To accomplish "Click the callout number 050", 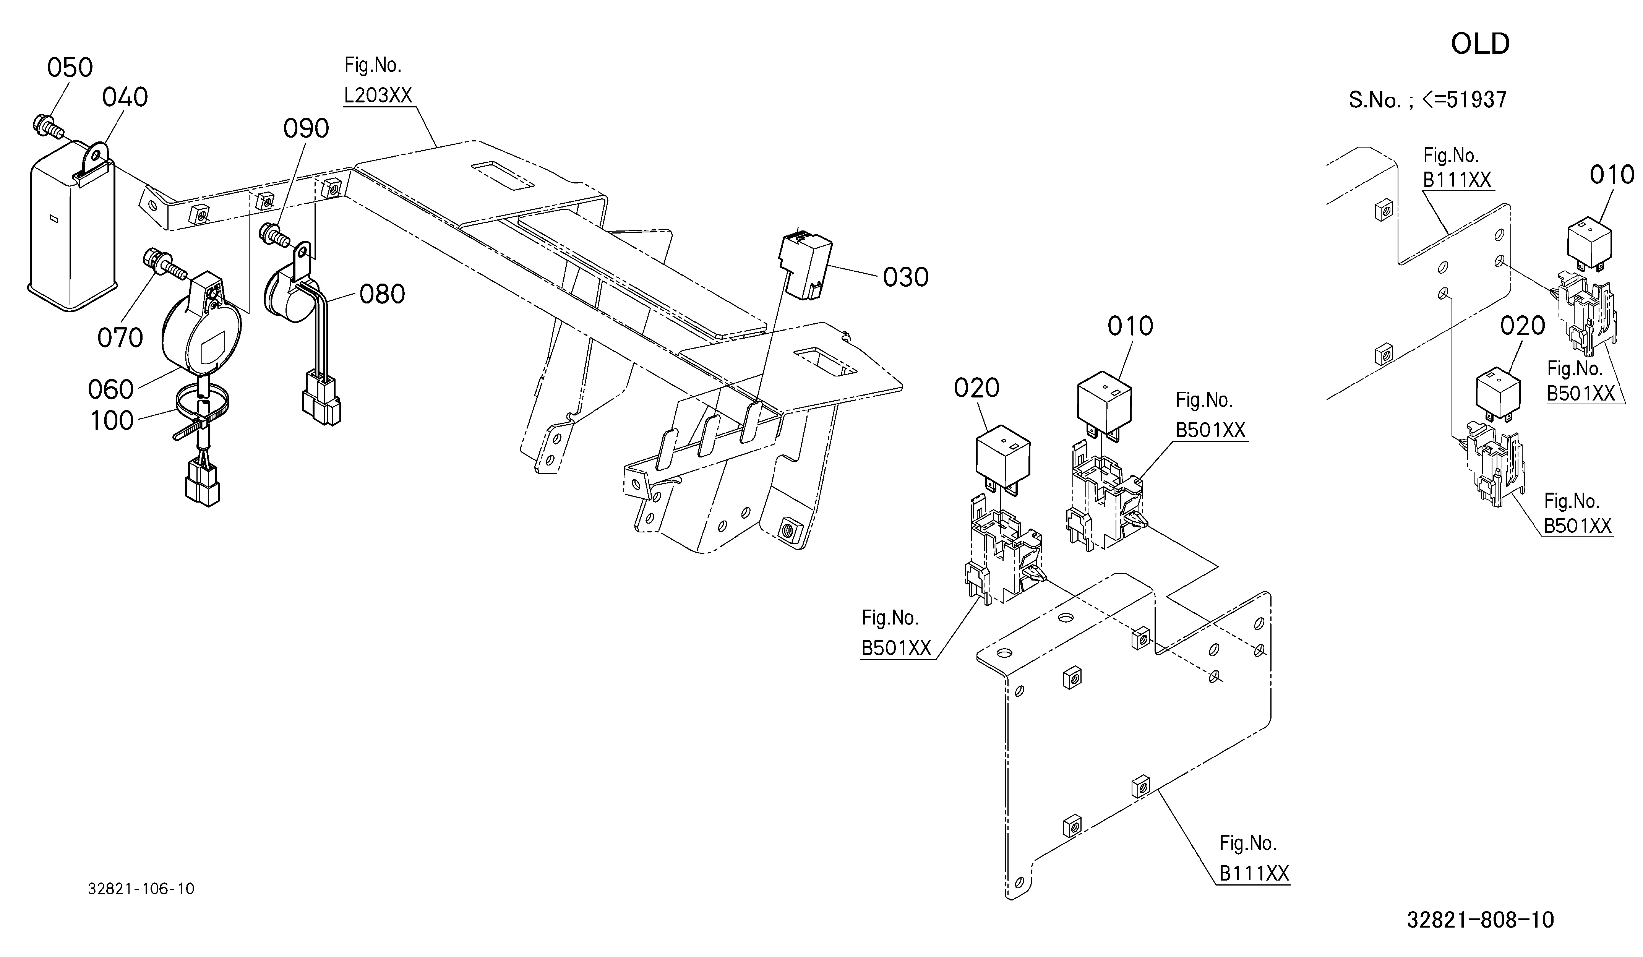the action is tap(70, 68).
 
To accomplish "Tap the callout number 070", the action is tap(120, 338).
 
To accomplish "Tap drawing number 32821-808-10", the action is tap(1480, 920).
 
